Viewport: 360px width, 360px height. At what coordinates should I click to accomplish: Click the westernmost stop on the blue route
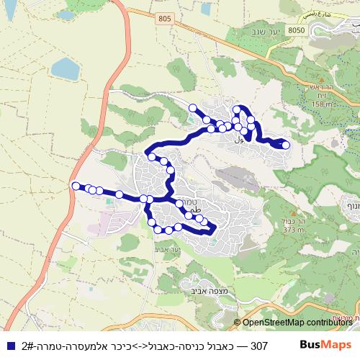(x=76, y=186)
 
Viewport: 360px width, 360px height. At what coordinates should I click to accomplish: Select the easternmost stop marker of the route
(x=286, y=145)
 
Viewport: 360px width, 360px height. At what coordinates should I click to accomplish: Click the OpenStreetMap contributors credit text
(x=297, y=323)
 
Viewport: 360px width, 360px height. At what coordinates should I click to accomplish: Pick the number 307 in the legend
(x=258, y=346)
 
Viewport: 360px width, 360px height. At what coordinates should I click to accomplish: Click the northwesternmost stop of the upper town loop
(x=192, y=108)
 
